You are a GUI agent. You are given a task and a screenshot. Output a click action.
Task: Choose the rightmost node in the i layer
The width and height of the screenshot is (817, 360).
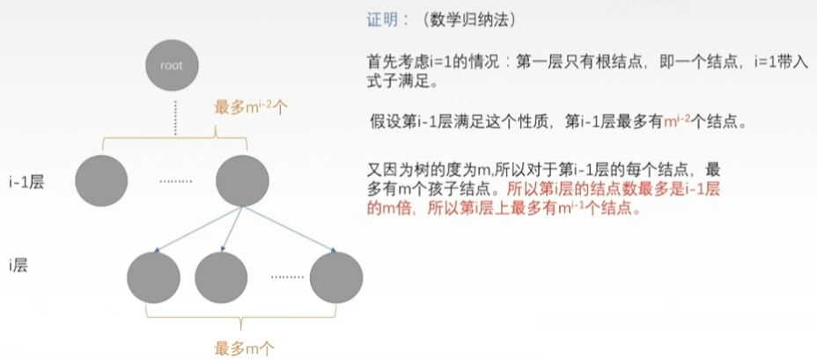(335, 277)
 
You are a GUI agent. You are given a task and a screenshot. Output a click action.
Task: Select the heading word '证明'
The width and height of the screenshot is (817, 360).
(381, 19)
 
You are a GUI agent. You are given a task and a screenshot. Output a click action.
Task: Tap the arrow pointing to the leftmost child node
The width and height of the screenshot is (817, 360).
(199, 230)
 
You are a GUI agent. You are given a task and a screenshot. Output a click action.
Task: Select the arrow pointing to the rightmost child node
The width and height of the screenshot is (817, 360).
(286, 230)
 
